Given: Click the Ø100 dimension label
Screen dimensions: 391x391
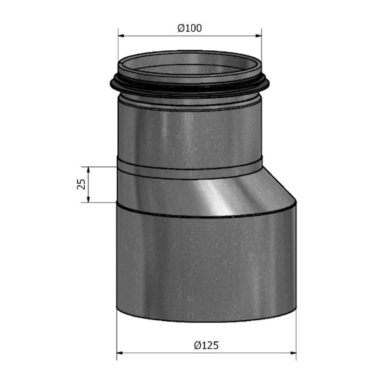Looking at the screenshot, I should coord(189,28).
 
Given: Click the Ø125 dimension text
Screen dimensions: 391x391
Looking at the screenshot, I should coord(206,345).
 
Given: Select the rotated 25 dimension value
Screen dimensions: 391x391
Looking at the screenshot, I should coord(81,184).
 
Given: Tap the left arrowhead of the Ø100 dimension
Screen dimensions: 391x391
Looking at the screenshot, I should coord(121,35).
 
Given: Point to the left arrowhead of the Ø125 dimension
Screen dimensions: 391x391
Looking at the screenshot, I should coord(120,353).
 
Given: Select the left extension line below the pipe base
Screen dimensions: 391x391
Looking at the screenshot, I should coord(116,335).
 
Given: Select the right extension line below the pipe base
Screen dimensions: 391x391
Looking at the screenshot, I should coord(296,335).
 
